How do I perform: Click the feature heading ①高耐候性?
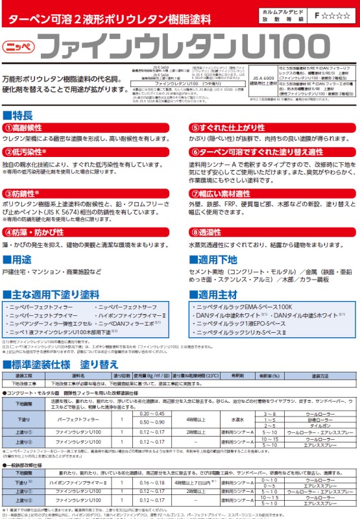25,128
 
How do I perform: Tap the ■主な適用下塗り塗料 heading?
52,294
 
